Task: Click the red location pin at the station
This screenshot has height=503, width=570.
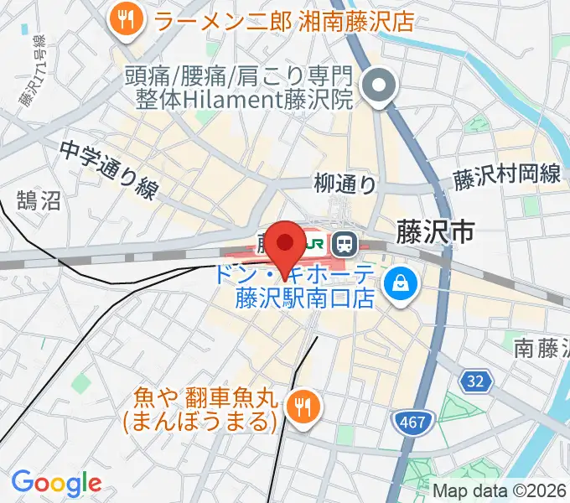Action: click(287, 244)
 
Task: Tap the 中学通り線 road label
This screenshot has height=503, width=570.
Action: click(108, 169)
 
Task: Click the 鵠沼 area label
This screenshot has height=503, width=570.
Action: click(39, 200)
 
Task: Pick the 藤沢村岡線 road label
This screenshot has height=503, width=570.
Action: click(506, 176)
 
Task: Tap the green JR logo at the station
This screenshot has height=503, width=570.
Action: click(314, 244)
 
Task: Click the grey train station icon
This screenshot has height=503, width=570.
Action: click(344, 244)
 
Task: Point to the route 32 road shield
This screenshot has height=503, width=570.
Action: click(475, 381)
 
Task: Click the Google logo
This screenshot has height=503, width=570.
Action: click(56, 483)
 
